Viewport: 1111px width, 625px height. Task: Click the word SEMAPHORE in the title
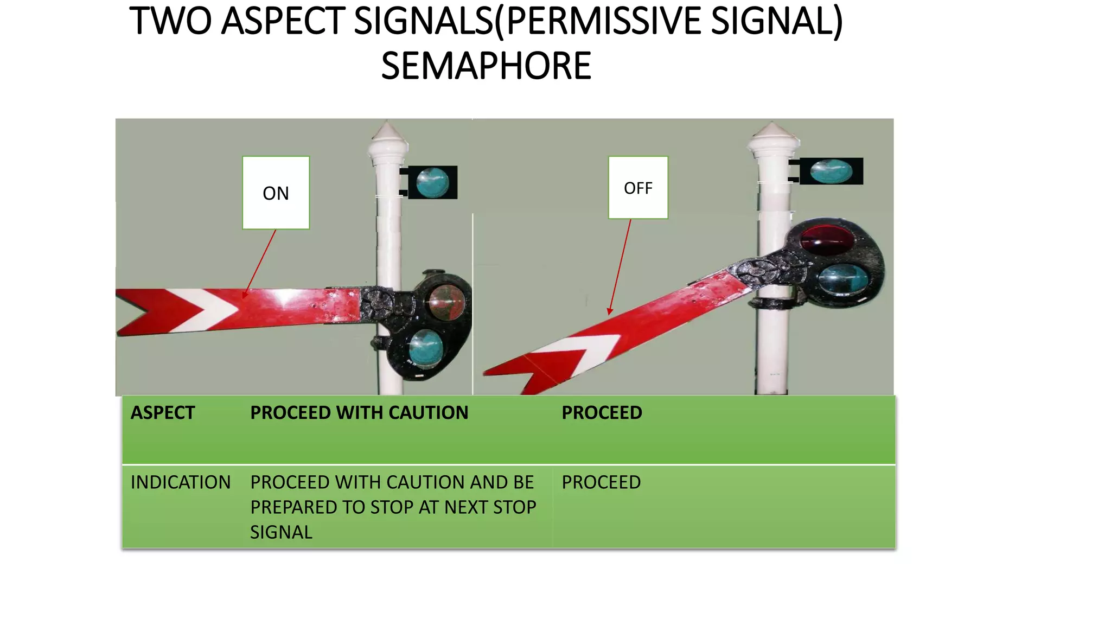click(x=486, y=66)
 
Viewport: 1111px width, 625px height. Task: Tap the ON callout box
click(x=276, y=193)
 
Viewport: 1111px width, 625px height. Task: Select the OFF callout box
click(x=638, y=188)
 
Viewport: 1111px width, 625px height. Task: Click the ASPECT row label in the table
click(x=162, y=413)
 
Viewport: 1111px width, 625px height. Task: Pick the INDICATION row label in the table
click(x=181, y=482)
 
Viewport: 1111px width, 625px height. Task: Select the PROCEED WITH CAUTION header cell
click(x=359, y=413)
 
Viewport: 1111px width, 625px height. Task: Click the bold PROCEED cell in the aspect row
click(x=602, y=413)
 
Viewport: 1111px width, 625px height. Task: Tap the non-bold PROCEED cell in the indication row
click(x=601, y=482)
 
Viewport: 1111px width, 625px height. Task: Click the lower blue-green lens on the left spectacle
click(x=426, y=348)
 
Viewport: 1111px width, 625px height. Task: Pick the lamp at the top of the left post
click(x=432, y=182)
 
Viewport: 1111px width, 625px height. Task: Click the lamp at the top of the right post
click(x=831, y=171)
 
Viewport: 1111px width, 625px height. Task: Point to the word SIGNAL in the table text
click(x=281, y=532)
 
